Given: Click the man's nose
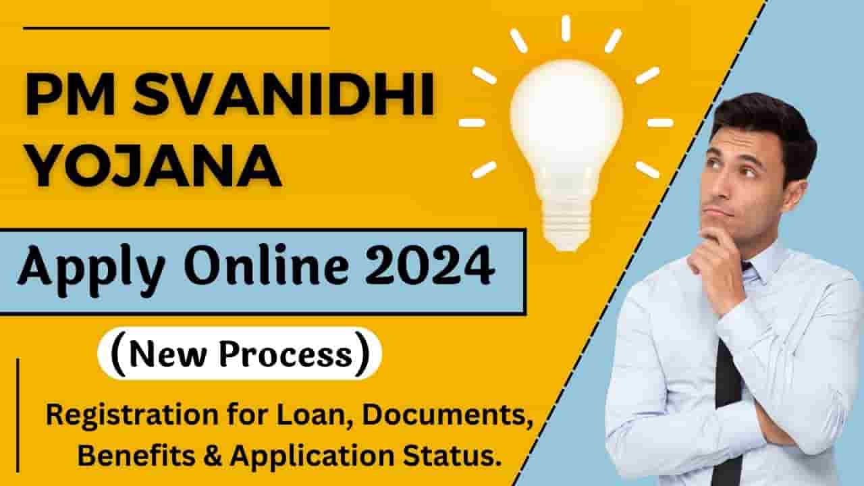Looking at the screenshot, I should click(722, 192).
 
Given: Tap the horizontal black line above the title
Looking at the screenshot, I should click(175, 28).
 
